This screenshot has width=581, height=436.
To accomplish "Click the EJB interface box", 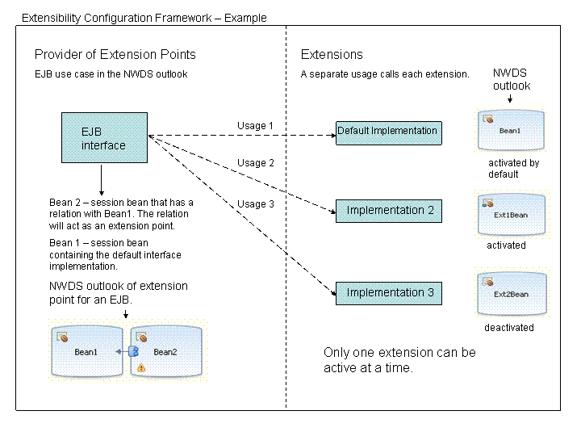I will point(105,138).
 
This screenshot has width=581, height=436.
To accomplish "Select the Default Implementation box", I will point(388,132).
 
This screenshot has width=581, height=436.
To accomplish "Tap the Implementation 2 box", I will point(390,211).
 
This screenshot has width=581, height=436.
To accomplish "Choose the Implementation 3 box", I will point(390,293).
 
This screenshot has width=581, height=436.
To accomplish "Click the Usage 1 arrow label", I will point(256,126).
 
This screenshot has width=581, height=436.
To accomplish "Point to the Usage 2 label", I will point(256,163).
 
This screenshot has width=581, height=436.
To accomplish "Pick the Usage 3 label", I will point(256,204).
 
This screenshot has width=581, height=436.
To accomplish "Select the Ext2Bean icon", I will point(512,293).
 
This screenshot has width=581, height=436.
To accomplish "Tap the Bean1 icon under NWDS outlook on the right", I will point(511,130).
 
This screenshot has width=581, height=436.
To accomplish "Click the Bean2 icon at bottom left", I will point(165,351).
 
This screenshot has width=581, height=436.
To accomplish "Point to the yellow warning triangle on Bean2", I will point(141,368).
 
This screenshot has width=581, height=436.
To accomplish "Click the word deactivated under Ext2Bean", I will point(508,328).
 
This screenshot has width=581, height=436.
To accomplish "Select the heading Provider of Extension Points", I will point(115,55).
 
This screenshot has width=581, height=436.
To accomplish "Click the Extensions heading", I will point(332,55).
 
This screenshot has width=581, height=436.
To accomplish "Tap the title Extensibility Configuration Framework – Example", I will point(144,18).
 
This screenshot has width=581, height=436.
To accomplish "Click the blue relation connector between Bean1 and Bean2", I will point(133,351).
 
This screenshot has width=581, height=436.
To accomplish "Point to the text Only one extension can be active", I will point(399,360).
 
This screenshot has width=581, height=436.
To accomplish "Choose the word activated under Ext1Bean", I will point(506,245).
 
